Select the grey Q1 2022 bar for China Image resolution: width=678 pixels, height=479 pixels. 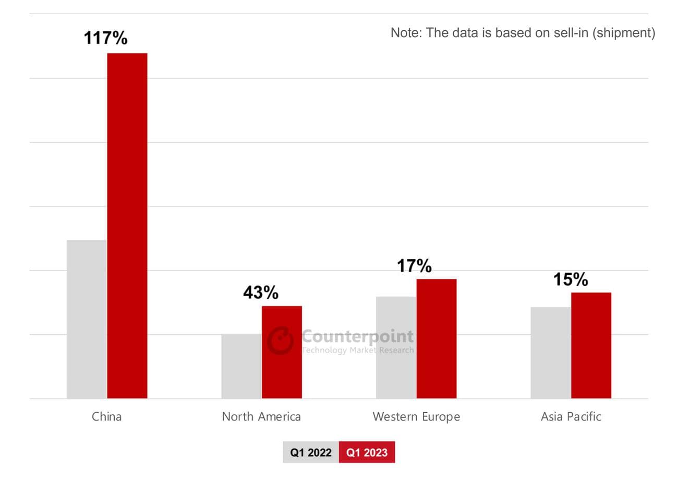[x=87, y=319]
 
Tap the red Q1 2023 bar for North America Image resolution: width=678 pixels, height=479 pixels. [x=282, y=352]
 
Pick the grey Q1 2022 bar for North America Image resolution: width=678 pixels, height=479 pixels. [x=241, y=366]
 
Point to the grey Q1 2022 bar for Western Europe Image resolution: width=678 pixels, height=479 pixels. [x=396, y=347]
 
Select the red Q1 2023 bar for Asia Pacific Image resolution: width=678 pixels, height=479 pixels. [x=591, y=345]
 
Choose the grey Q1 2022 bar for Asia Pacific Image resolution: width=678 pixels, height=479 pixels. [x=550, y=353]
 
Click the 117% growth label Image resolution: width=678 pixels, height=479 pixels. [x=105, y=38]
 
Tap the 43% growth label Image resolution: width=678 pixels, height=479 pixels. [x=260, y=293]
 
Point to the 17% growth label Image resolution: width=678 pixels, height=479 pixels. [x=414, y=266]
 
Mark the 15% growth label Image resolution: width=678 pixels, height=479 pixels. [x=570, y=279]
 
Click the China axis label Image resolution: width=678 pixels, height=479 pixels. [x=106, y=416]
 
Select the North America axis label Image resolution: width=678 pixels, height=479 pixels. [x=261, y=416]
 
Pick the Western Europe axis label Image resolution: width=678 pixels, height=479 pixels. [x=416, y=416]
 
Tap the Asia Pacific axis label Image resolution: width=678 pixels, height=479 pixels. [x=571, y=416]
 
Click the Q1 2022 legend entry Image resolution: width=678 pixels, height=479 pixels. [x=311, y=452]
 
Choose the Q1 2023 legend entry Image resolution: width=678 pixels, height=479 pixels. [x=367, y=452]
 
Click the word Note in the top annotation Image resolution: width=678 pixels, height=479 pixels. [x=405, y=33]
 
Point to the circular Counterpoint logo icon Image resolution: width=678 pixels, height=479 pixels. [x=281, y=341]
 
